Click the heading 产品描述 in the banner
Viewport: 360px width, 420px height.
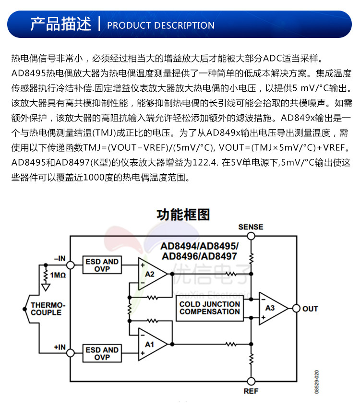(x=60, y=24)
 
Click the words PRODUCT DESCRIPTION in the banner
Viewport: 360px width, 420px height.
(x=160, y=25)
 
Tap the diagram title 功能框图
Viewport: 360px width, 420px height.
(x=183, y=214)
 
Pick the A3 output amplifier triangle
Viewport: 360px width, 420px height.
(x=272, y=308)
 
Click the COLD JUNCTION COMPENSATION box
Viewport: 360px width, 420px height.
(x=209, y=308)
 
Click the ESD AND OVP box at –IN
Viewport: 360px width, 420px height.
(x=102, y=265)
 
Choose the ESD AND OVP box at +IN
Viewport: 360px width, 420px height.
(x=102, y=353)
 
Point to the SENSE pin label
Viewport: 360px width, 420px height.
(x=251, y=227)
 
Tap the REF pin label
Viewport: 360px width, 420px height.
(x=251, y=391)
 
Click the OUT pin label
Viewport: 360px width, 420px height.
(x=310, y=309)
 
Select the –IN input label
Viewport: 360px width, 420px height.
(x=60, y=258)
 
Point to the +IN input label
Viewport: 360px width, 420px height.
(x=60, y=347)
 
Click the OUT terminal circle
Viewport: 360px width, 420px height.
(x=296, y=308)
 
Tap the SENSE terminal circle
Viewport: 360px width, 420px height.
(x=251, y=236)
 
